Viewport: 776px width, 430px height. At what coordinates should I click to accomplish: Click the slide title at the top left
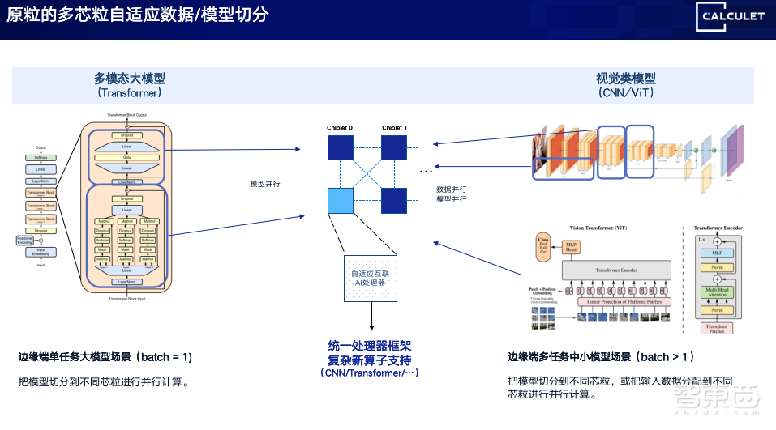click(x=138, y=16)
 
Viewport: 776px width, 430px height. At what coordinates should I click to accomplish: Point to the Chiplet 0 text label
click(x=340, y=128)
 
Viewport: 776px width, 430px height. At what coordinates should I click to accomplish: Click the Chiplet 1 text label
click(x=394, y=128)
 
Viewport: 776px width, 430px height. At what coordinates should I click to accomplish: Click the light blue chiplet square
click(x=340, y=200)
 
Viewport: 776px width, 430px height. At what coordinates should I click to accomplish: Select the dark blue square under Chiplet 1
click(x=394, y=148)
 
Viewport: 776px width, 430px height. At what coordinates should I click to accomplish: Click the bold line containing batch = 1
click(x=105, y=356)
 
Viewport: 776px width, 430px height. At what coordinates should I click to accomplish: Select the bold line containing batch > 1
click(x=601, y=356)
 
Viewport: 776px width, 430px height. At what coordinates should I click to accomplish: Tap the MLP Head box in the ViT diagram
click(x=572, y=246)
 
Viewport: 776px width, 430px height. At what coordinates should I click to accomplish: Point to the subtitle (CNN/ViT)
click(x=626, y=92)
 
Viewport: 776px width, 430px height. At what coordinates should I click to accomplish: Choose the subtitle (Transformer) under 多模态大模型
click(x=130, y=92)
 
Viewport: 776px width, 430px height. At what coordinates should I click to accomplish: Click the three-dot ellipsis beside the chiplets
click(x=426, y=172)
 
